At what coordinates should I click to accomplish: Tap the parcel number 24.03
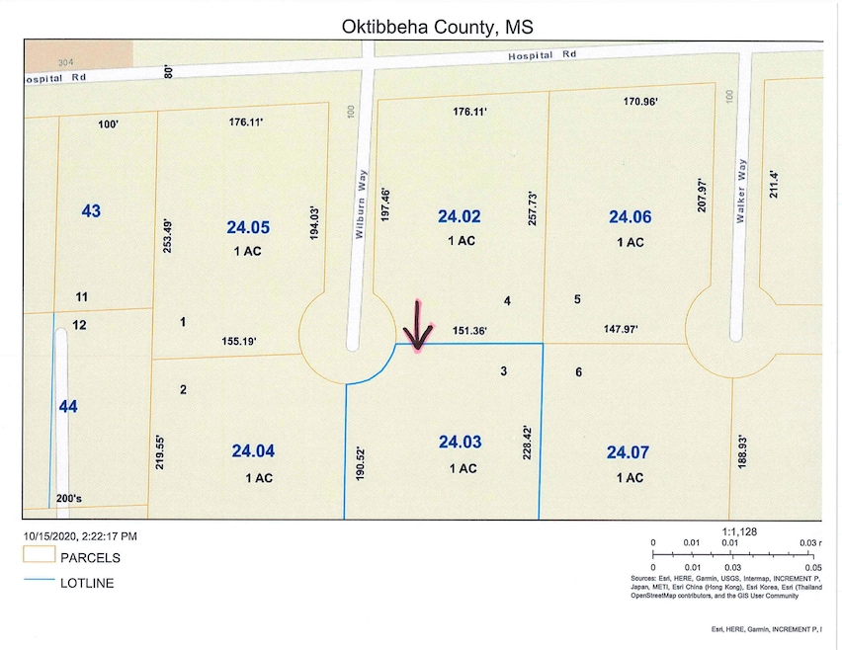(x=459, y=442)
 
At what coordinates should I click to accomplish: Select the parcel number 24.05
(x=247, y=226)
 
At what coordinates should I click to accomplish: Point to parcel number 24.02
(x=459, y=215)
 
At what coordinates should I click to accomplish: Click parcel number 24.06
(x=630, y=216)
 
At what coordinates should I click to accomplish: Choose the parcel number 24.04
(x=253, y=451)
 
